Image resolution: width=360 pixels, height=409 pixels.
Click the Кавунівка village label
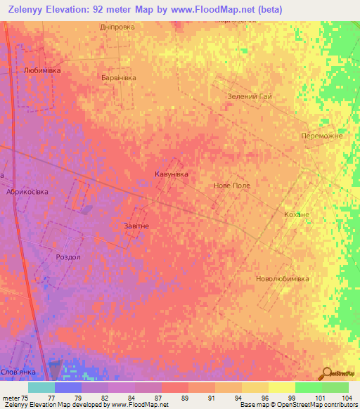tap(172, 173)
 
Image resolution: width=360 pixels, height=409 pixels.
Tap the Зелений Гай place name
tap(250, 97)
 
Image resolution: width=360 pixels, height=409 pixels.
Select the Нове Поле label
tap(232, 186)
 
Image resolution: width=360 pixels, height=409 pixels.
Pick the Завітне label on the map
tap(136, 226)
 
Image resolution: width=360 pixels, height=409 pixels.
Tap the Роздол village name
tap(69, 257)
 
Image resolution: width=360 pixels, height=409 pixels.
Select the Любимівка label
tap(42, 71)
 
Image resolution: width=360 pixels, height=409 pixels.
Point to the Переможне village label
tap(321, 136)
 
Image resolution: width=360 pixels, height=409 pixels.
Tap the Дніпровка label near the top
tap(117, 27)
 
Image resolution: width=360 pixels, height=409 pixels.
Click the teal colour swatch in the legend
tap(41, 387)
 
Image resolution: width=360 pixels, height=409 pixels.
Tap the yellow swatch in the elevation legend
tap(281, 387)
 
